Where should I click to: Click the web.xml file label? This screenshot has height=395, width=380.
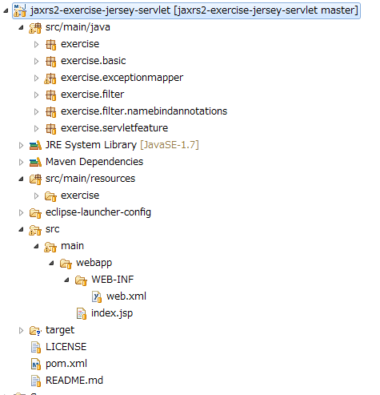(126, 296)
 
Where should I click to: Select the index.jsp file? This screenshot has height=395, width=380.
(112, 313)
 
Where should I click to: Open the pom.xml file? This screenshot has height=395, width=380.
(66, 364)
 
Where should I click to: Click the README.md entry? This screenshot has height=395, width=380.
(74, 381)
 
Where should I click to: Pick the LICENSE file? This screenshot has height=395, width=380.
(66, 347)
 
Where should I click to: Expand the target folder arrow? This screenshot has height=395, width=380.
(21, 330)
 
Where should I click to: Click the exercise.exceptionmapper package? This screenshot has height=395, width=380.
(122, 78)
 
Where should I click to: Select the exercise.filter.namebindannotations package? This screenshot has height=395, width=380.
(144, 111)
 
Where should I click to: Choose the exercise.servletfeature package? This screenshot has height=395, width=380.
(114, 128)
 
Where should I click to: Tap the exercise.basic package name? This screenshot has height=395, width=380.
(93, 61)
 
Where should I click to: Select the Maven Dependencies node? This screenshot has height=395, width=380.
(94, 162)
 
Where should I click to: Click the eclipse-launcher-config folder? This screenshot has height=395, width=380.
(98, 212)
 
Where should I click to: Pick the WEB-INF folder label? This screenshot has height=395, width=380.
(112, 280)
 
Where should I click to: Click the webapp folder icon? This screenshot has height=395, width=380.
(66, 264)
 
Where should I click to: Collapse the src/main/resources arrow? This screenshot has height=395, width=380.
(21, 179)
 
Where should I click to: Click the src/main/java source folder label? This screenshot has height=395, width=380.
(78, 27)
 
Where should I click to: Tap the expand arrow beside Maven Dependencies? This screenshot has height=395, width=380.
(21, 162)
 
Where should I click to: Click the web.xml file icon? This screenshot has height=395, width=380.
(97, 296)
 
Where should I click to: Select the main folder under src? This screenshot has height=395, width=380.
(72, 246)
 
